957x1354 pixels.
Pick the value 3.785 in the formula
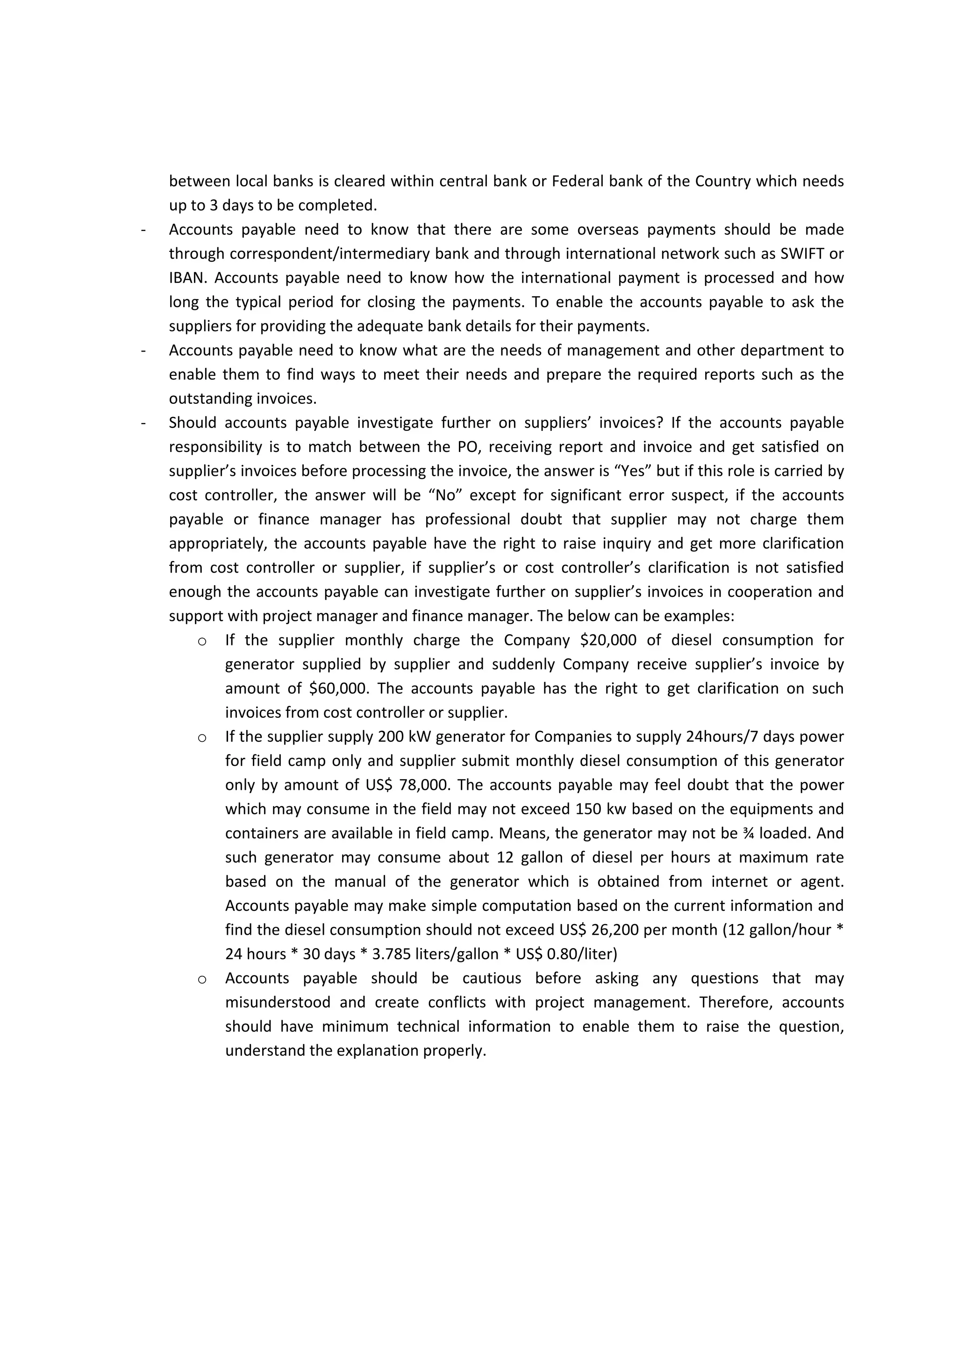click(393, 954)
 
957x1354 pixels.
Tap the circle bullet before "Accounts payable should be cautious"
click(202, 980)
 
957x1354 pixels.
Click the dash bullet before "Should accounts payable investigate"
click(143, 423)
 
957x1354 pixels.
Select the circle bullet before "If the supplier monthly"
click(202, 641)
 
